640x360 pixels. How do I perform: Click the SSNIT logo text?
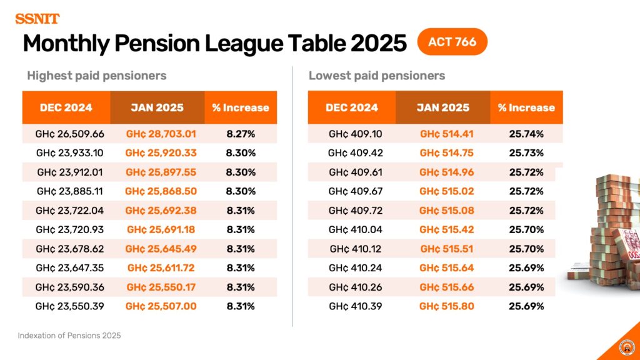pos(37,18)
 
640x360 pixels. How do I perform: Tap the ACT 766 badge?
pos(452,42)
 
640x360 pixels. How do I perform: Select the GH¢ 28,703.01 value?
pos(161,134)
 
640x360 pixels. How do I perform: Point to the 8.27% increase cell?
pos(241,134)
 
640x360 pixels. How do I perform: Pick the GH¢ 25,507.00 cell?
pos(161,306)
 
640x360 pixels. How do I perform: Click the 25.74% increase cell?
pos(526,134)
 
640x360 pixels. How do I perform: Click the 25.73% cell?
pos(526,153)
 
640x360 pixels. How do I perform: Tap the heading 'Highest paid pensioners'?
pos(97,76)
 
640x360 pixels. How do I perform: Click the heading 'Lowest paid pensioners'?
pos(377,76)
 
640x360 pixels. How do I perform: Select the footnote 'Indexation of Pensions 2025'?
pos(69,336)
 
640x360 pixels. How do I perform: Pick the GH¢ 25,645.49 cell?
pos(161,249)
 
